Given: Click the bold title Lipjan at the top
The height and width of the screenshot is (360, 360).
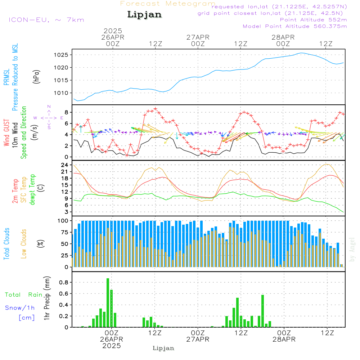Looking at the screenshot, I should [144, 15].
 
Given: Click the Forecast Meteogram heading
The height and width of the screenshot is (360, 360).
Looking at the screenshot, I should [168, 4].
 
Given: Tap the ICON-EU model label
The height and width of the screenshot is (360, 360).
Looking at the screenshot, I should [46, 20].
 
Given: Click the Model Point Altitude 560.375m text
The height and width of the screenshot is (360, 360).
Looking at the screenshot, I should [295, 26].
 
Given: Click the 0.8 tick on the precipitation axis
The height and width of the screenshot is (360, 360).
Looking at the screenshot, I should [64, 282].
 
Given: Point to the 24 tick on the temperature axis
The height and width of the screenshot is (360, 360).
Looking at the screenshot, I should [65, 165].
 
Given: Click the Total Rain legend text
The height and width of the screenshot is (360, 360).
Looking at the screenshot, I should [23, 295].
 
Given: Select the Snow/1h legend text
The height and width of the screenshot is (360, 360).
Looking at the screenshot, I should [20, 308].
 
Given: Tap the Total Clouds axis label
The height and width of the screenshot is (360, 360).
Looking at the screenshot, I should [6, 244].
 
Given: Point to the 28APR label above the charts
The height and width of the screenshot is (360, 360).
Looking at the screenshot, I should [283, 37].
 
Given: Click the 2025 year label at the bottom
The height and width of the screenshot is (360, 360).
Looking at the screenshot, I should [112, 346].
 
